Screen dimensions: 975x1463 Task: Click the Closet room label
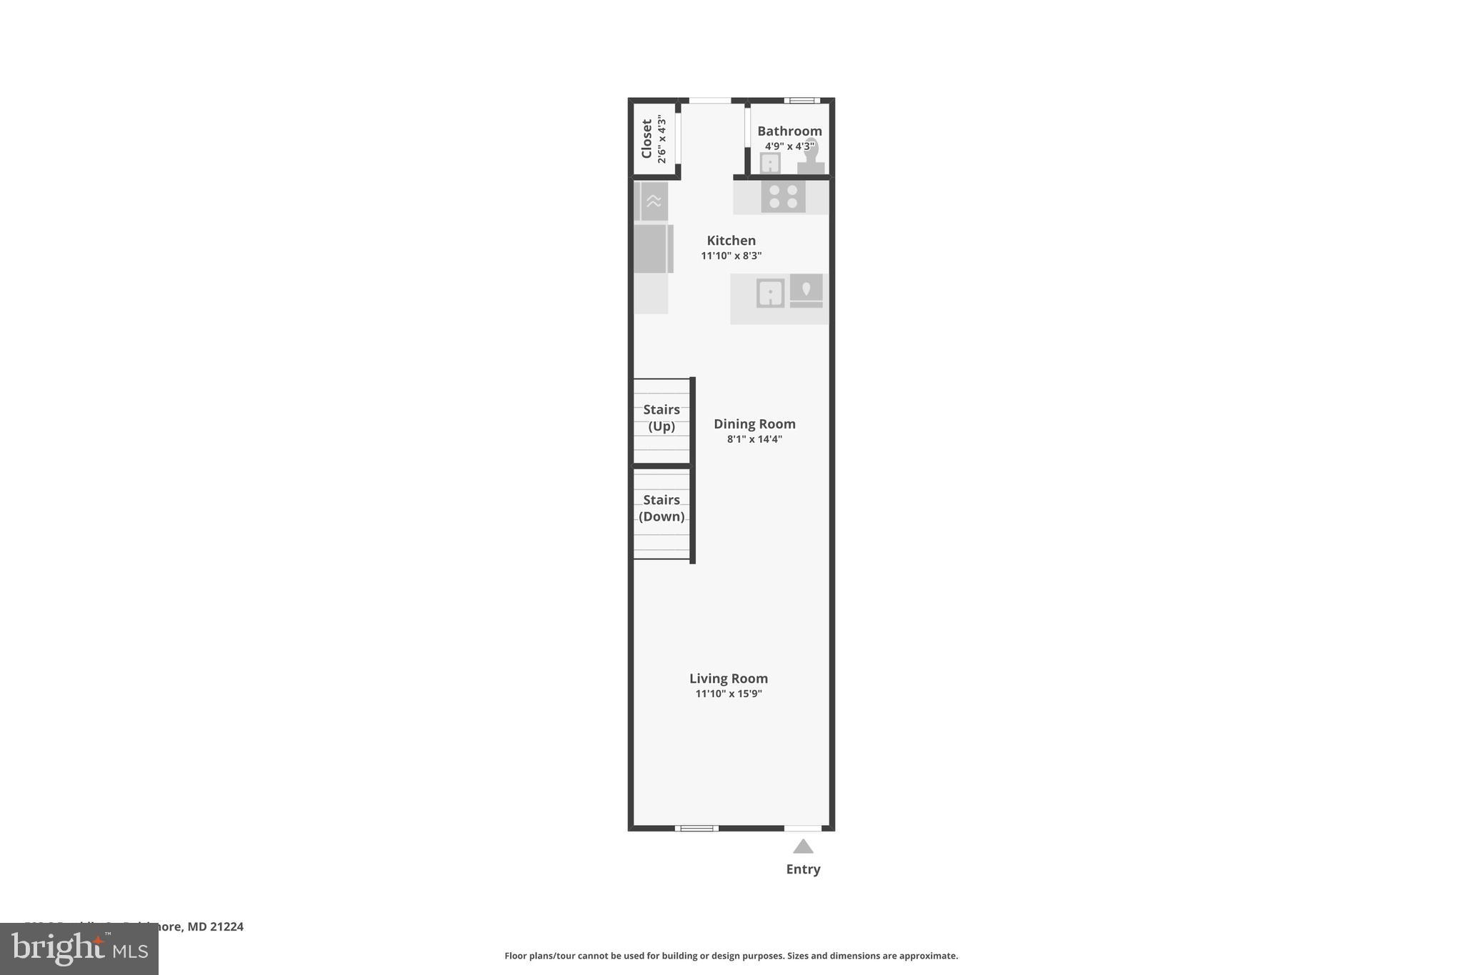(646, 139)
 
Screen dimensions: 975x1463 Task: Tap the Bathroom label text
(789, 131)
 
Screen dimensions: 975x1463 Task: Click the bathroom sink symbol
(770, 164)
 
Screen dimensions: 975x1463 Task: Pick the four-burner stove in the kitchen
(783, 196)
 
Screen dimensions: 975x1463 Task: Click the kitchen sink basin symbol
(770, 294)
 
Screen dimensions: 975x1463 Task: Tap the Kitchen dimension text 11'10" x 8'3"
(731, 256)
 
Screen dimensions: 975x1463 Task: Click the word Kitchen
(731, 241)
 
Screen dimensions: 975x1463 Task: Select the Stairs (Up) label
(661, 418)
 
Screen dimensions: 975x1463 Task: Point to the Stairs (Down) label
(661, 508)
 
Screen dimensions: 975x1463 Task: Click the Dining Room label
(754, 424)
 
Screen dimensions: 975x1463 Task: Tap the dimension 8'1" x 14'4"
(754, 439)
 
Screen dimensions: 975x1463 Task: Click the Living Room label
(728, 679)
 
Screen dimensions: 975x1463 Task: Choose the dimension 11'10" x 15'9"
(729, 694)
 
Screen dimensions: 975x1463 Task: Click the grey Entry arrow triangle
(803, 847)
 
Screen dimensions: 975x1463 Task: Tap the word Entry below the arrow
(803, 869)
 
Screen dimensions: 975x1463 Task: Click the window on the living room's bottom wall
(696, 829)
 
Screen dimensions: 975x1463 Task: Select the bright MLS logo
(79, 949)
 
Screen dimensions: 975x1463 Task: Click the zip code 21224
(226, 926)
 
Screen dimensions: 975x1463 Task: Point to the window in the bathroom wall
(802, 101)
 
